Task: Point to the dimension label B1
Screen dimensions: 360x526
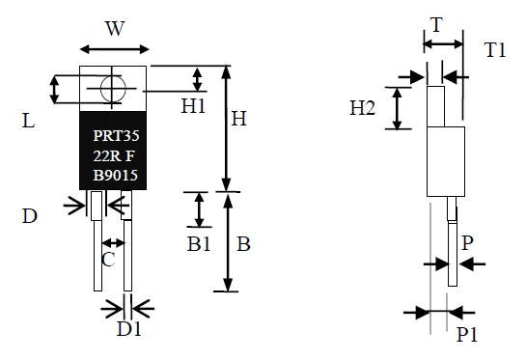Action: click(x=199, y=244)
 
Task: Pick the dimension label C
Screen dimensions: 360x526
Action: click(x=110, y=260)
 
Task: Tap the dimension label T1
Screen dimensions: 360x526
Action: click(x=495, y=50)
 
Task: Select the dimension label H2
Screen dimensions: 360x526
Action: click(x=364, y=108)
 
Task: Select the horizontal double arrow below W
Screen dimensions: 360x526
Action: click(x=114, y=48)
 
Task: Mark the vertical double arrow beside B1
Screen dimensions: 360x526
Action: click(x=200, y=208)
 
